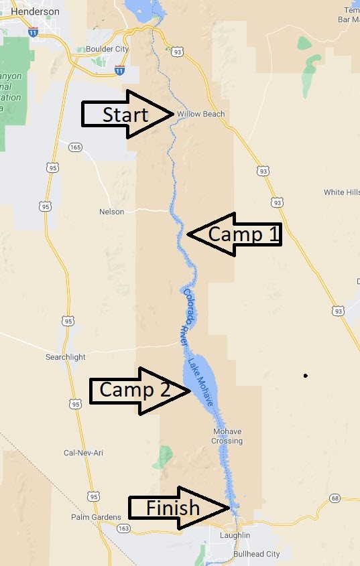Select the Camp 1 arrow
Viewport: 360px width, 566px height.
235,234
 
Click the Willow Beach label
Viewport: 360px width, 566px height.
201,114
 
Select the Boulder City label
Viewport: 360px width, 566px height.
107,49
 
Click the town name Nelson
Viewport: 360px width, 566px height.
111,212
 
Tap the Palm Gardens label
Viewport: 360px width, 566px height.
96,517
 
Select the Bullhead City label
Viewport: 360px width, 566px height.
257,554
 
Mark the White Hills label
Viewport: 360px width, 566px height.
342,192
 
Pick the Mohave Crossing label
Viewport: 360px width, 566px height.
228,436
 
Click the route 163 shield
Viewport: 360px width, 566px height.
125,528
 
